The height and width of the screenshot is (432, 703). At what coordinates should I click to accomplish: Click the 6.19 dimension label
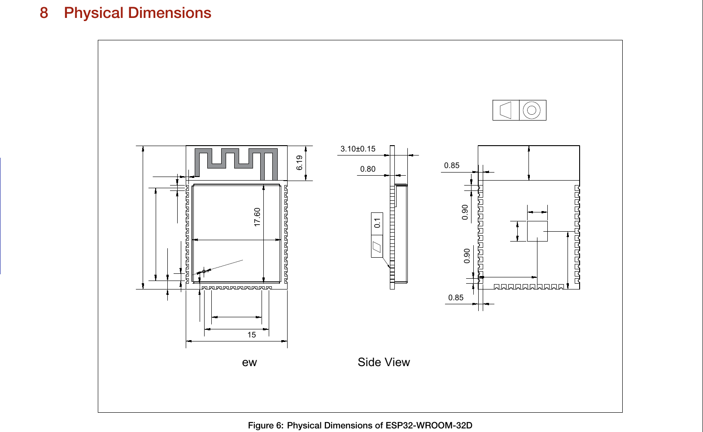300,163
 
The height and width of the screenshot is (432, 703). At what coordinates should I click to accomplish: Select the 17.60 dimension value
257,217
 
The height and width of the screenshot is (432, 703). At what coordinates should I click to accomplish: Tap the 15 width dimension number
251,335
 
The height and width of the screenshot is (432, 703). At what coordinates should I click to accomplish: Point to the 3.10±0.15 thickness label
358,149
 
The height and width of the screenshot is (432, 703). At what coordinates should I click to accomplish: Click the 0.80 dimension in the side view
367,169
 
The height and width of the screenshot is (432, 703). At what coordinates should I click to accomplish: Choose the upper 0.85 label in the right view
451,165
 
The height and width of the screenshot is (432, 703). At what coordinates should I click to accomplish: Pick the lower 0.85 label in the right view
455,298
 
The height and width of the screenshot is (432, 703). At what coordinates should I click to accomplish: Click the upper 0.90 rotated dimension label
465,212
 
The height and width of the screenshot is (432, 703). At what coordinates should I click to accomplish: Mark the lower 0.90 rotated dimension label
467,255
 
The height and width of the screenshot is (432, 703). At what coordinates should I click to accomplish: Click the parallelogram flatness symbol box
377,247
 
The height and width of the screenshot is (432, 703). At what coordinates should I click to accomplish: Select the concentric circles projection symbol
532,110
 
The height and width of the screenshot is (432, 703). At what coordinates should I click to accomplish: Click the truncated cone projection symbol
506,110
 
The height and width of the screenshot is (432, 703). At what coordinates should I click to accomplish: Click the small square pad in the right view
537,231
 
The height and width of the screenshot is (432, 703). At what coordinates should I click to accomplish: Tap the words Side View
384,362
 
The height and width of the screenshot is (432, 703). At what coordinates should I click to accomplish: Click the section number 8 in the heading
44,13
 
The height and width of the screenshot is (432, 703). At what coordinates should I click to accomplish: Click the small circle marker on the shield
204,271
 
